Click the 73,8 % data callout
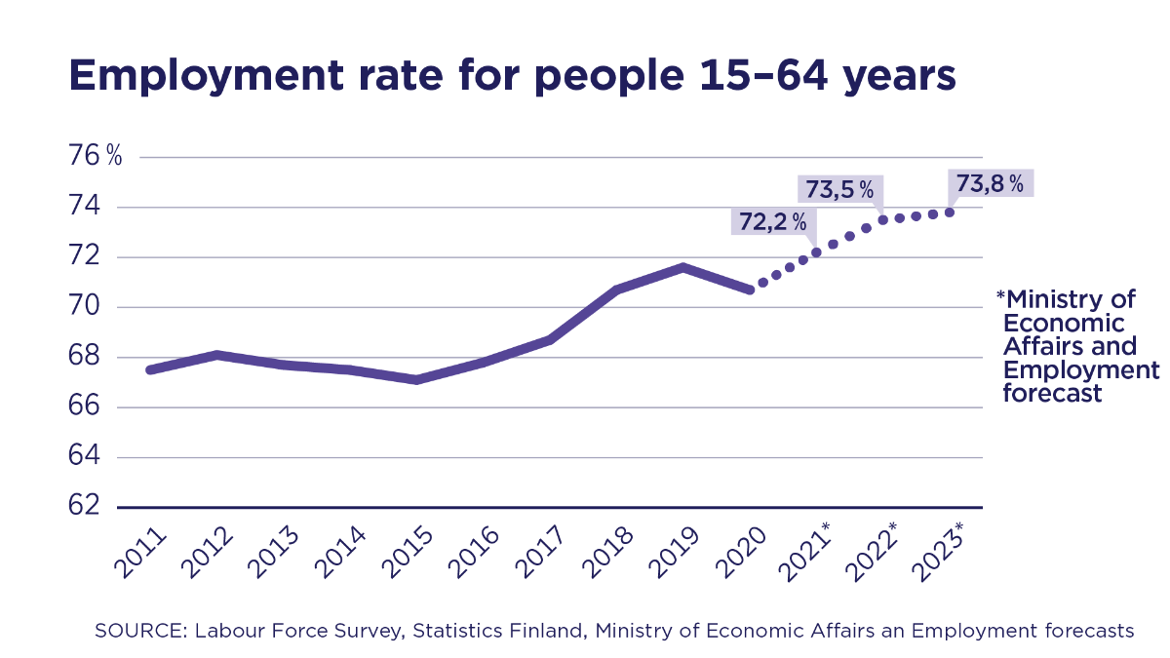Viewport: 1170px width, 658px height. pos(990,183)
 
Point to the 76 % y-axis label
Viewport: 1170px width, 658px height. pos(96,156)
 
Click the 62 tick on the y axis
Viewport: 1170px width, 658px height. pos(85,505)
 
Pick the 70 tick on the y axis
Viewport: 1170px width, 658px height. pos(85,306)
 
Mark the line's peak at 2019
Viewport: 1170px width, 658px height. pos(684,266)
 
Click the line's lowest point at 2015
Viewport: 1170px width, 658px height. pos(416,379)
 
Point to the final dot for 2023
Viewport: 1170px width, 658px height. pos(950,213)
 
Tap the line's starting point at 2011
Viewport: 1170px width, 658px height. pos(149,369)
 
